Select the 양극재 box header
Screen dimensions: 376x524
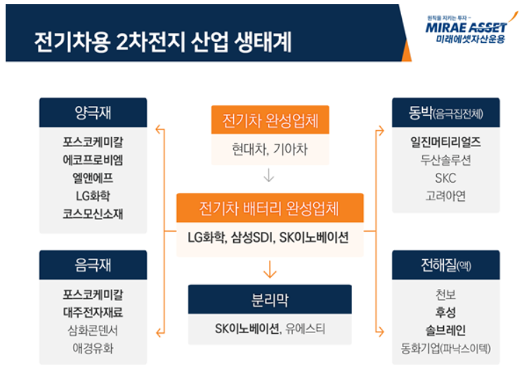tap(93, 112)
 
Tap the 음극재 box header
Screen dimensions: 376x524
tap(93, 264)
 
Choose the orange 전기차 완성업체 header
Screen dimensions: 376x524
tap(270, 120)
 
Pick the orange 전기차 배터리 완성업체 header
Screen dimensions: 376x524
tap(270, 209)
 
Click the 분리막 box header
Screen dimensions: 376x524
tap(270, 300)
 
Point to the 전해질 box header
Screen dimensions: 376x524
tap(445, 264)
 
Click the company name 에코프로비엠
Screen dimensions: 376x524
tap(93, 160)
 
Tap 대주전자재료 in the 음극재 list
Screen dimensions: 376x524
tap(93, 311)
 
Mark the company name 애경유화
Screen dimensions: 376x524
tap(93, 348)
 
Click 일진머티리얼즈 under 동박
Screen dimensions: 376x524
tap(445, 142)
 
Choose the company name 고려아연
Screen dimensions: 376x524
tap(445, 196)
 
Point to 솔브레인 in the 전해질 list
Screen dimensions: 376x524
tap(445, 330)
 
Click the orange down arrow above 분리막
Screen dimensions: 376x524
tap(270, 269)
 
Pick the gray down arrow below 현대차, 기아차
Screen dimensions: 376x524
tap(270, 175)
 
